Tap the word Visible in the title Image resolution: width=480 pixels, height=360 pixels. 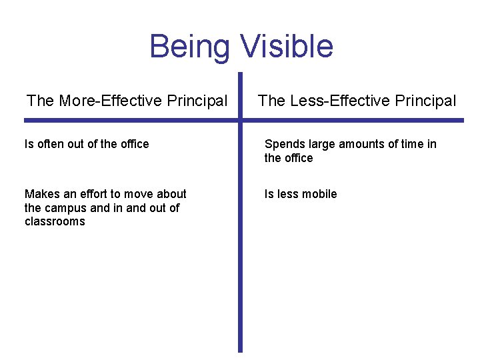286,47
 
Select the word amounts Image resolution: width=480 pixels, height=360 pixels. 361,144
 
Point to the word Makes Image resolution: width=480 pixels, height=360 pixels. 41,194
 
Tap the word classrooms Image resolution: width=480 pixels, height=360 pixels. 55,221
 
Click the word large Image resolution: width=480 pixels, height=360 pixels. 322,144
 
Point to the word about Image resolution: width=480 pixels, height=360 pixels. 172,194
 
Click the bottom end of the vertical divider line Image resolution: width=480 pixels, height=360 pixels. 241,350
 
